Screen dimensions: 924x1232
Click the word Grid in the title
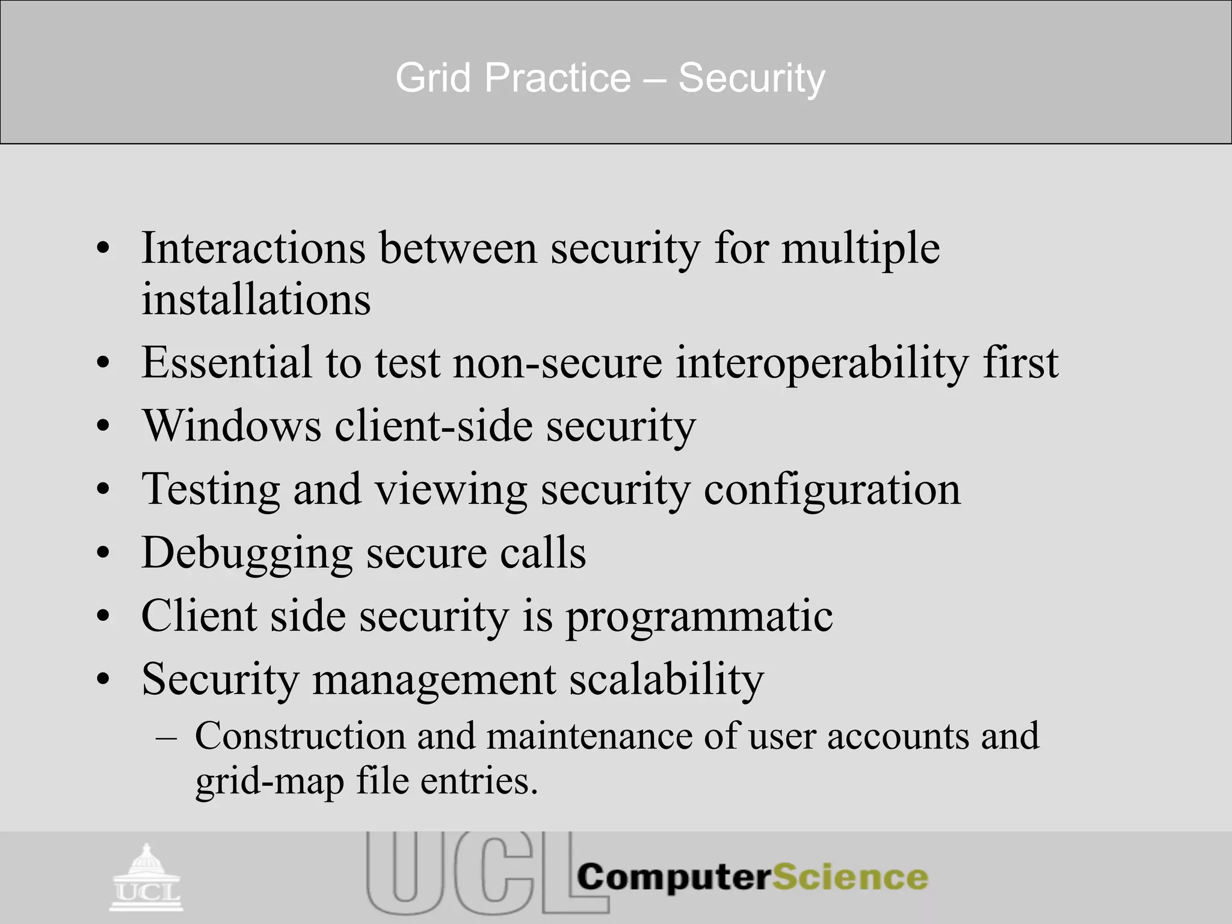pyautogui.click(x=433, y=78)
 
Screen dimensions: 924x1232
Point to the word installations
pyautogui.click(x=256, y=299)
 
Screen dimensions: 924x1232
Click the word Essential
pyautogui.click(x=227, y=363)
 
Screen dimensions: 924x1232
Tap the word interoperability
pyautogui.click(x=822, y=363)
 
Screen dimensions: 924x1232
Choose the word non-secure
pyautogui.click(x=557, y=363)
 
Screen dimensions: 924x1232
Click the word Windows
pyautogui.click(x=232, y=426)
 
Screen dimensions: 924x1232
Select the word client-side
pyautogui.click(x=434, y=426)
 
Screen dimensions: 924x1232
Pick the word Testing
pyautogui.click(x=211, y=489)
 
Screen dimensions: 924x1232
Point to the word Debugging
pyautogui.click(x=247, y=553)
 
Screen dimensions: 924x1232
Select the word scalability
pyautogui.click(x=667, y=680)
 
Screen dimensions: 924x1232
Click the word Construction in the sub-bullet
pyautogui.click(x=300, y=736)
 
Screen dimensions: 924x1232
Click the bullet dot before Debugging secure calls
pyautogui.click(x=103, y=553)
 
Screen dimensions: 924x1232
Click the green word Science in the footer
pyautogui.click(x=849, y=877)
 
